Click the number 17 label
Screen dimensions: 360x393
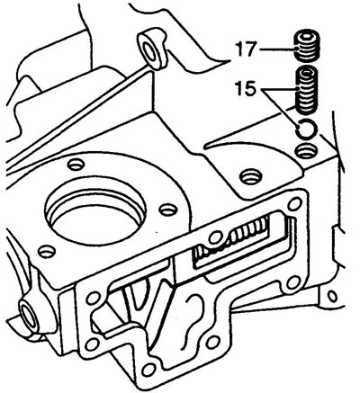(x=246, y=49)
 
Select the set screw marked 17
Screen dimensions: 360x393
(x=307, y=45)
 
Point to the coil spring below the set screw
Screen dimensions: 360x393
(x=307, y=91)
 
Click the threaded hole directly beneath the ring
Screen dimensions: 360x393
(x=306, y=151)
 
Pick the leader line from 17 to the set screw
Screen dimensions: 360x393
(x=277, y=49)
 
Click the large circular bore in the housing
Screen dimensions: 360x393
(x=95, y=216)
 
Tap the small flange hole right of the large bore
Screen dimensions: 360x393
(x=168, y=210)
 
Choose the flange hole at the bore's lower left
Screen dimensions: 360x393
(x=47, y=252)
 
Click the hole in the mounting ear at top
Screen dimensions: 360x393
(x=151, y=49)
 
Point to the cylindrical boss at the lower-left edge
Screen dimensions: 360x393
(x=29, y=317)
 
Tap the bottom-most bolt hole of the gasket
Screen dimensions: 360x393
(x=148, y=371)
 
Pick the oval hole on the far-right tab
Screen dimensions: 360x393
(x=332, y=297)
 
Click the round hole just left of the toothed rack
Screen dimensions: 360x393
(x=215, y=237)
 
